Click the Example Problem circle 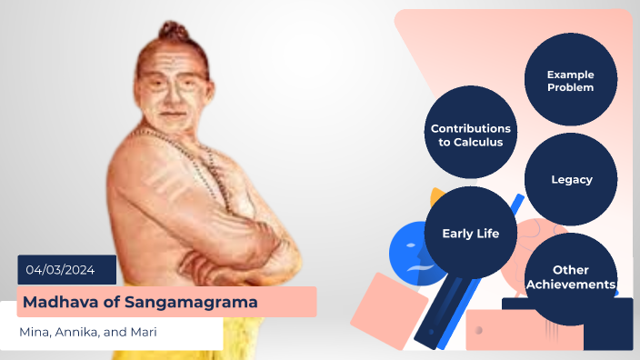571,80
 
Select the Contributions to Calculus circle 470,135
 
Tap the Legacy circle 571,180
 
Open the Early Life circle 470,234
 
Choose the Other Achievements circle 571,277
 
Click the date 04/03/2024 66,270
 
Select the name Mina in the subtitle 35,332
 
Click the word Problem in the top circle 571,87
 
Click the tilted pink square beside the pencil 387,310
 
